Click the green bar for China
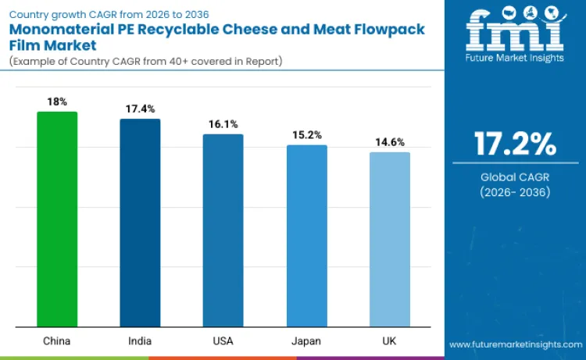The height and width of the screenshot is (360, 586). tap(57, 219)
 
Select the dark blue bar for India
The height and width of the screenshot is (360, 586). tap(140, 223)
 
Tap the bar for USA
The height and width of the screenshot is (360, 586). tap(223, 230)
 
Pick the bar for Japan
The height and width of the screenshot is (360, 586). tap(306, 236)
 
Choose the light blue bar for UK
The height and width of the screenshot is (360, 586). tap(389, 240)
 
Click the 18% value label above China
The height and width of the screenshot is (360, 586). tap(57, 102)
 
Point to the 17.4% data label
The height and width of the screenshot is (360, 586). tap(140, 109)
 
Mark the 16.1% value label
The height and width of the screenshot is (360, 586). tap(223, 124)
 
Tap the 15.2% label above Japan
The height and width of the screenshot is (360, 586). tap(306, 134)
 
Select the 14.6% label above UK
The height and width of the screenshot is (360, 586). tap(389, 142)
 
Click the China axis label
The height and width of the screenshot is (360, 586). tap(57, 340)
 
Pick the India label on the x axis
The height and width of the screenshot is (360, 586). tap(140, 340)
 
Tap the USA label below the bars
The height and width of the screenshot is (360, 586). tap(223, 340)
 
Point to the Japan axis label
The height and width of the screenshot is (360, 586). tap(306, 340)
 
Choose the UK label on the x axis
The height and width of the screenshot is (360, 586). tap(389, 340)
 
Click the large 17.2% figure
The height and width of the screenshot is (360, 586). tap(515, 144)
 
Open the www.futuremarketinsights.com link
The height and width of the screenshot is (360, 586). tap(515, 344)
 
